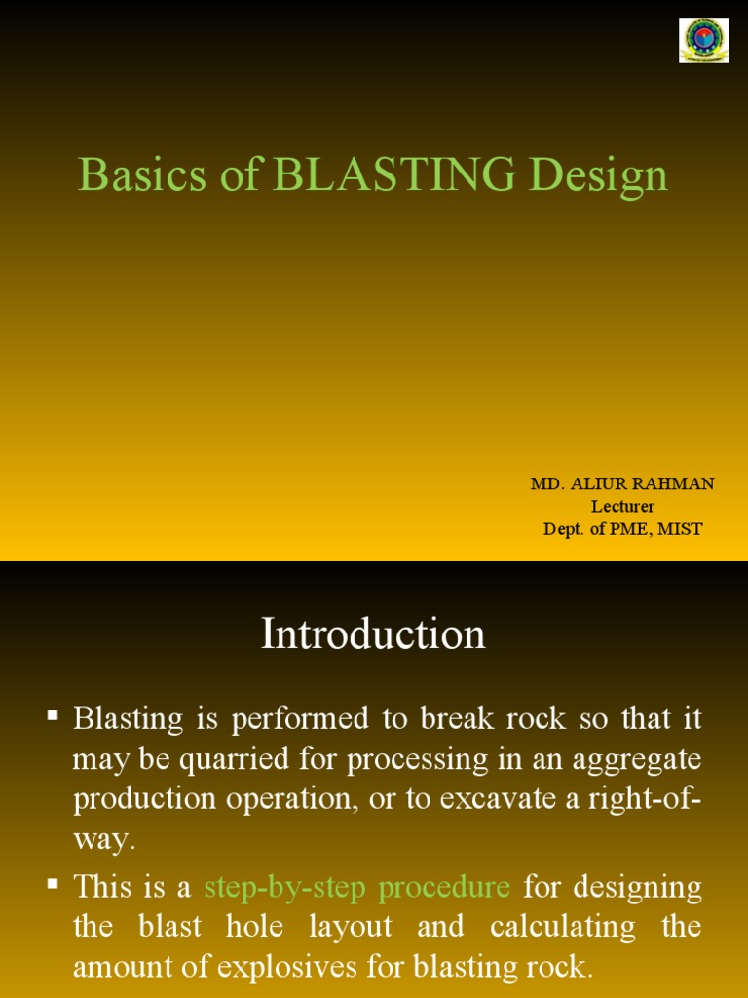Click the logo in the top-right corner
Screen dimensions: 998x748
pyautogui.click(x=703, y=40)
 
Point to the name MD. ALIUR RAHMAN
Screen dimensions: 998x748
pyautogui.click(x=622, y=484)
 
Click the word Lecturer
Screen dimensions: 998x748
pyautogui.click(x=622, y=507)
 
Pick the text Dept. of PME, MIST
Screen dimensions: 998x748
pyautogui.click(x=622, y=529)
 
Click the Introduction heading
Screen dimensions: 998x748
pyautogui.click(x=373, y=634)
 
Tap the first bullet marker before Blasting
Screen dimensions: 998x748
pyautogui.click(x=54, y=716)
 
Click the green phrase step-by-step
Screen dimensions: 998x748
pyautogui.click(x=285, y=887)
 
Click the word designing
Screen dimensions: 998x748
pyautogui.click(x=639, y=887)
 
